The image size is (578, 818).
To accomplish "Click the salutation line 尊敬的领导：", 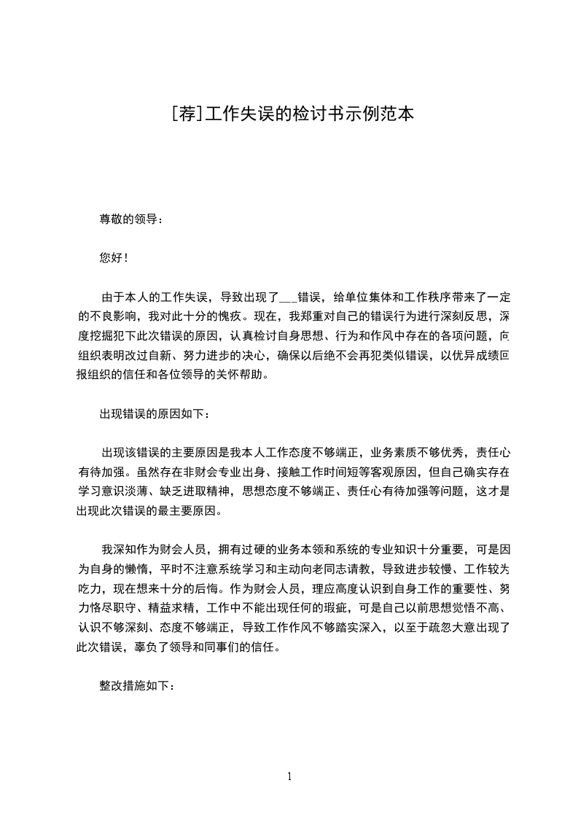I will tap(132, 218).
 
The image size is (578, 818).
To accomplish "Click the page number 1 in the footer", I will tap(289, 777).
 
